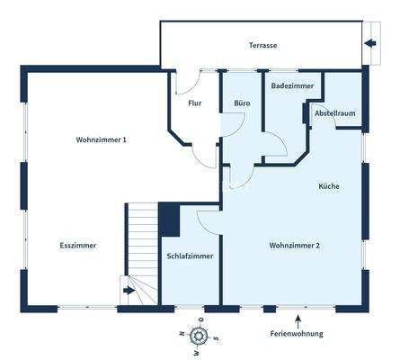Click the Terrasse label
(x=263, y=45)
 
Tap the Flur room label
(x=194, y=103)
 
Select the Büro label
(x=242, y=103)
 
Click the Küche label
(x=328, y=186)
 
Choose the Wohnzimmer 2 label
(x=295, y=245)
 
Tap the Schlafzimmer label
(x=190, y=256)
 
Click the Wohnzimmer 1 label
(x=102, y=139)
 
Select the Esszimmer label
(x=78, y=245)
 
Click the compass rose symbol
(x=200, y=336)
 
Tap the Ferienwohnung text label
(x=296, y=334)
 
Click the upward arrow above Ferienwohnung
(x=298, y=319)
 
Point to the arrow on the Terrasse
(x=369, y=43)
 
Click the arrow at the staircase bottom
(x=129, y=290)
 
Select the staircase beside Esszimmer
(x=140, y=243)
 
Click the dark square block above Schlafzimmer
(x=169, y=219)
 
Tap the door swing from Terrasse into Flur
(x=186, y=82)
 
